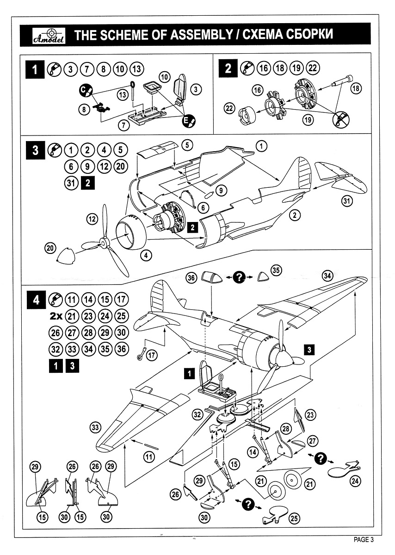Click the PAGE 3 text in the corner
click(363, 539)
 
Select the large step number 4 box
click(36, 300)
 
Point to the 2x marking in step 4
click(56, 316)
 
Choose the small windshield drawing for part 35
click(264, 277)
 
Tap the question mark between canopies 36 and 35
click(239, 277)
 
